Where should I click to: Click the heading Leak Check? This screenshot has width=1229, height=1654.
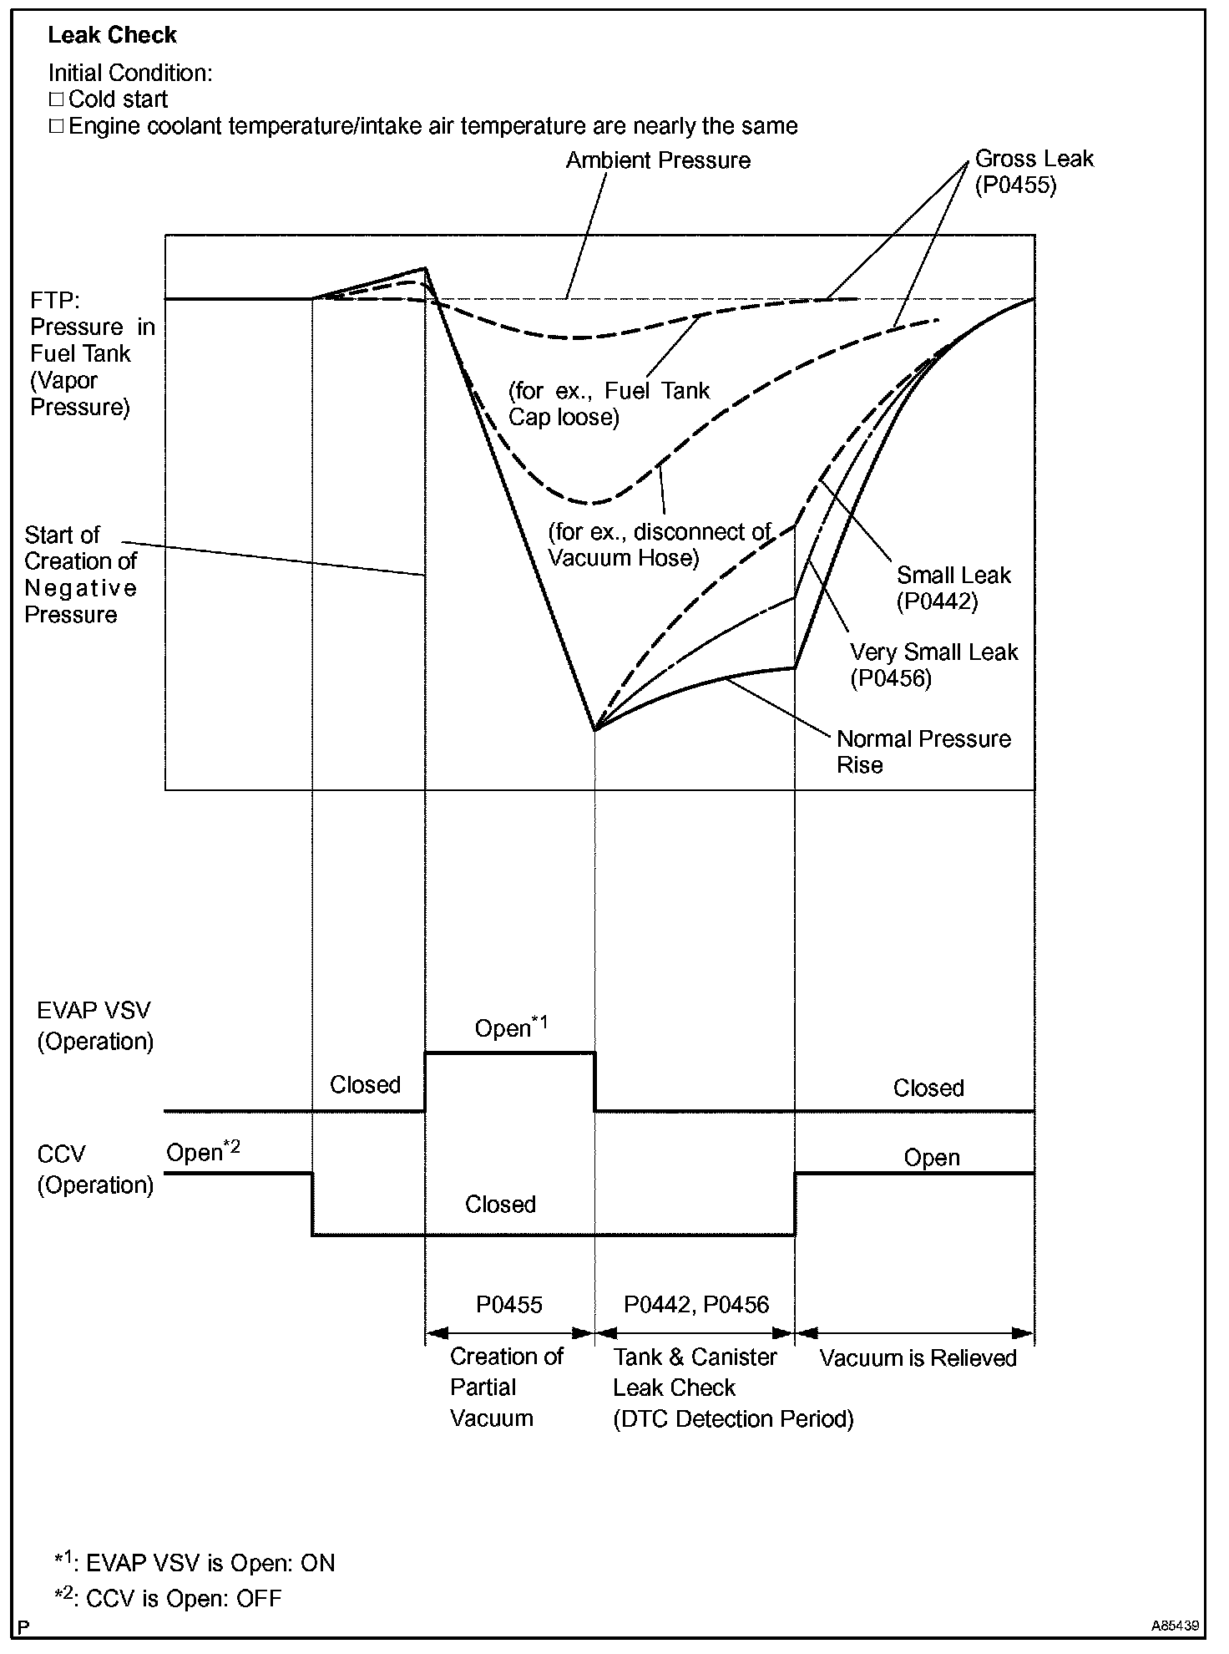click(112, 35)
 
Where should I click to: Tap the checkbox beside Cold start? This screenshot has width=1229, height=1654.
click(56, 100)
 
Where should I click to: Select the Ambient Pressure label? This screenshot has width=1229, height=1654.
click(658, 160)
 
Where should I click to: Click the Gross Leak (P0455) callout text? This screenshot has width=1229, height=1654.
click(1034, 171)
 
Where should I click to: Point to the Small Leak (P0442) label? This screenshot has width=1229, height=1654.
click(953, 588)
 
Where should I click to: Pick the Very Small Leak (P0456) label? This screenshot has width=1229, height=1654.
click(933, 665)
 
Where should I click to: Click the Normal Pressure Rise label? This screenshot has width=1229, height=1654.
click(923, 752)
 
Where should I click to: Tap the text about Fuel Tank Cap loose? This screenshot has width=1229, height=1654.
click(609, 403)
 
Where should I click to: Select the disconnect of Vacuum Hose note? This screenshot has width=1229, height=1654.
click(660, 545)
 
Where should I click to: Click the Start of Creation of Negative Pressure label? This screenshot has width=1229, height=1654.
click(80, 575)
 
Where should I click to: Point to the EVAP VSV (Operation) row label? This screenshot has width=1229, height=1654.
click(94, 1026)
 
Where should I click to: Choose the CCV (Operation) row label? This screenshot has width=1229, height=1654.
click(94, 1169)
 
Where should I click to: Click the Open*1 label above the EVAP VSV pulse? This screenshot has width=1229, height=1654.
click(511, 1027)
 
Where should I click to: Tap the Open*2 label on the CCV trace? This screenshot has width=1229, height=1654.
click(203, 1152)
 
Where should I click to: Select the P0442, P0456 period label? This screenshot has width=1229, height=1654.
click(696, 1305)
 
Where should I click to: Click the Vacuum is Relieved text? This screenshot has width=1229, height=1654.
click(918, 1358)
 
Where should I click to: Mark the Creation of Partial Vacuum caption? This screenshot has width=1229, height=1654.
click(506, 1388)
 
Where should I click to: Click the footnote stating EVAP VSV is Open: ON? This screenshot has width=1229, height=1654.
click(195, 1563)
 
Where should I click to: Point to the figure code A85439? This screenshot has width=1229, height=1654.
click(1174, 1626)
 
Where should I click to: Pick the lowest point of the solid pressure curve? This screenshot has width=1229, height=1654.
click(594, 730)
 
